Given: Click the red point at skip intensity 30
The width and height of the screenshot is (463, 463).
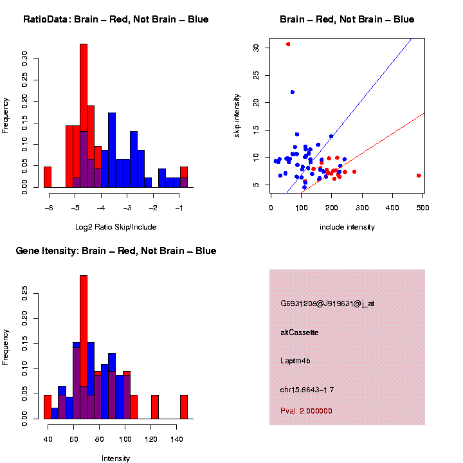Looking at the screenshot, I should coord(288,44).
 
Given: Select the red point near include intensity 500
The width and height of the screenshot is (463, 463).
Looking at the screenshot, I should coord(419,175).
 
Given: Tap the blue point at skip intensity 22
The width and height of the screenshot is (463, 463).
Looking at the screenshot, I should coord(292,92).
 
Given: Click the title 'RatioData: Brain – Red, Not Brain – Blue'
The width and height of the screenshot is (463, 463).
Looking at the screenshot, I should coord(116,19).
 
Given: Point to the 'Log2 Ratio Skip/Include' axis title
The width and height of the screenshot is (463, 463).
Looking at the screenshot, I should coord(116,227).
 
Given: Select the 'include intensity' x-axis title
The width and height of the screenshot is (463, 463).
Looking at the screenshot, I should coord(347,227).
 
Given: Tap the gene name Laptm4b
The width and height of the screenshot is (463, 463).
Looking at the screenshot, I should coord(296,361).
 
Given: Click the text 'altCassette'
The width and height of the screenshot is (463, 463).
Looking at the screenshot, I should coord(300,332).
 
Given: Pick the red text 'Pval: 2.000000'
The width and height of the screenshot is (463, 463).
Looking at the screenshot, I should coord(307,411).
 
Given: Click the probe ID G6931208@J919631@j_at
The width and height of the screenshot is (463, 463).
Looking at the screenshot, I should coord(327,304).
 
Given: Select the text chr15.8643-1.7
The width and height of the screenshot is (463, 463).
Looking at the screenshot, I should coord(307,390).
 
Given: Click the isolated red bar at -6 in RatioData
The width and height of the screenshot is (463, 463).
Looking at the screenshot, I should coord(48,177).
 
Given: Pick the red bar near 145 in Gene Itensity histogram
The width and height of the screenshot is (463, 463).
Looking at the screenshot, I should coord(184,407).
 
